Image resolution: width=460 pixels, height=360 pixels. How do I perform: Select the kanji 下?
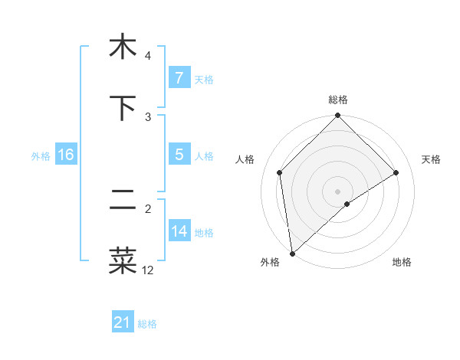pyautogui.click(x=122, y=108)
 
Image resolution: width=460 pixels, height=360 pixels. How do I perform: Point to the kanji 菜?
pyautogui.click(x=122, y=260)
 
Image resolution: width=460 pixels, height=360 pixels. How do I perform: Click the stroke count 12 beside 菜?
pyautogui.click(x=147, y=270)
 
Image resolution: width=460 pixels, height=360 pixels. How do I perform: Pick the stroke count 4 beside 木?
pyautogui.click(x=147, y=56)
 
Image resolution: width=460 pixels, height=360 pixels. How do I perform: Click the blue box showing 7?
pyautogui.click(x=179, y=78)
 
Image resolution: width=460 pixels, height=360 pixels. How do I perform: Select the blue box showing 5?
pyautogui.click(x=179, y=155)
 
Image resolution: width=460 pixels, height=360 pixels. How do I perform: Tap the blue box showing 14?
pyautogui.click(x=179, y=231)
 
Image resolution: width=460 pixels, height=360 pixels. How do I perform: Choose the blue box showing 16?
pyautogui.click(x=65, y=155)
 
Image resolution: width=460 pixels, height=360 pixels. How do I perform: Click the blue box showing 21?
pyautogui.click(x=123, y=323)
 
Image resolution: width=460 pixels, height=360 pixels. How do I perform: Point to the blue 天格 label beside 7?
pyautogui.click(x=204, y=80)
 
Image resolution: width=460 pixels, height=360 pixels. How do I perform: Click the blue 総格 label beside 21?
pyautogui.click(x=147, y=325)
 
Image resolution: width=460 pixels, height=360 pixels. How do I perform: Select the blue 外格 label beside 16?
pyautogui.click(x=41, y=156)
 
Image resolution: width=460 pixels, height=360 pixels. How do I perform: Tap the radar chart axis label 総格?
pyautogui.click(x=338, y=100)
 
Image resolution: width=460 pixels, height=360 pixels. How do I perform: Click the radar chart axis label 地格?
pyautogui.click(x=402, y=263)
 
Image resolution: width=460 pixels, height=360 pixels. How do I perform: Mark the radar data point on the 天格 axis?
pyautogui.click(x=396, y=172)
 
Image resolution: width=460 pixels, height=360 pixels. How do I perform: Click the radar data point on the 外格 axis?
pyautogui.click(x=291, y=254)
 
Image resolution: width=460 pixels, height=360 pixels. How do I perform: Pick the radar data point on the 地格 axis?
pyautogui.click(x=347, y=204)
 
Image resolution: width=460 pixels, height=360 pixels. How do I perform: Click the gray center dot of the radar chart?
pyautogui.click(x=338, y=191)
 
